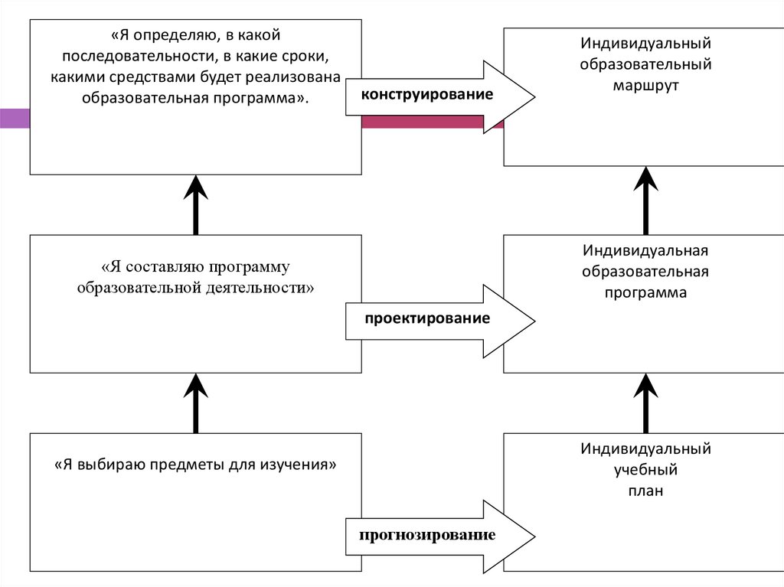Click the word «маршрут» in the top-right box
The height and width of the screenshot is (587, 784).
[645, 84]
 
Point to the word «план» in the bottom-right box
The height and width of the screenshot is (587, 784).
[645, 491]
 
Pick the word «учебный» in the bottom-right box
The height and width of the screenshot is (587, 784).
[645, 469]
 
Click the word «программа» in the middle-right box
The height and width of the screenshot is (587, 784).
[645, 292]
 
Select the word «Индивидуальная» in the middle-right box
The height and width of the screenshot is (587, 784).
[645, 250]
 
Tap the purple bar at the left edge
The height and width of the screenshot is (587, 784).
[15, 118]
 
